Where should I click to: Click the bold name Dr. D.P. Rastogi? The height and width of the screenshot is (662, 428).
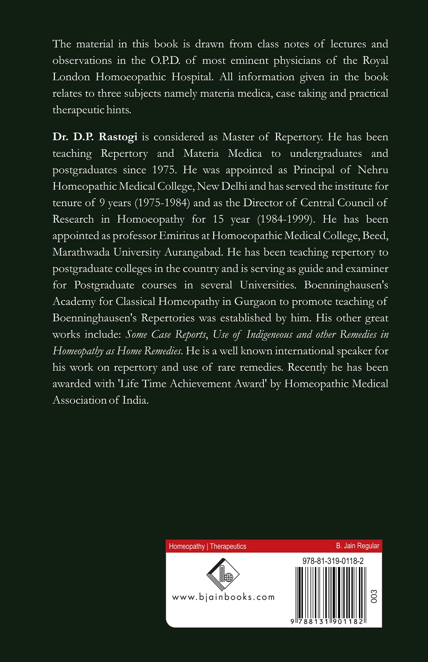pos(95,137)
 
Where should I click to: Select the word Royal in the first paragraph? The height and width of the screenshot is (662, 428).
pos(375,61)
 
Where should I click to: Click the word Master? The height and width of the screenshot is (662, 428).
pos(238,137)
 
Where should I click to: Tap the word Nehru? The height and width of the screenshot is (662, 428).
pos(373,170)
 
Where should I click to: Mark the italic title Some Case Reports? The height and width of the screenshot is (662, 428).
pos(166,334)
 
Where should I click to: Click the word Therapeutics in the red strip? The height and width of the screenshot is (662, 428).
pos(228,546)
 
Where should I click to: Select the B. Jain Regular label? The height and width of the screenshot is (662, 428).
pos(357,546)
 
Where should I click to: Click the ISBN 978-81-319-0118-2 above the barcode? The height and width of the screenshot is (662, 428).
pos(333,561)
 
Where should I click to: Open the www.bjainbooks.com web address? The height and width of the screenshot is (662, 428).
pos(223,597)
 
